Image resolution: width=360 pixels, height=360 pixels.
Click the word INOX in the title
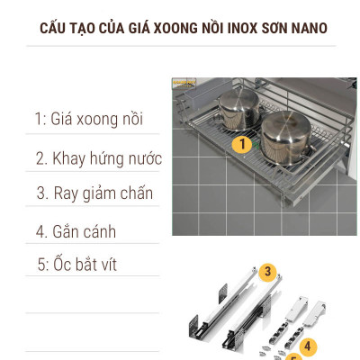[238, 28]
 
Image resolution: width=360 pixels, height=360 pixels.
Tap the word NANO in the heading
[305, 28]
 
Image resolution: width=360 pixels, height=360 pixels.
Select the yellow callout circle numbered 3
[267, 270]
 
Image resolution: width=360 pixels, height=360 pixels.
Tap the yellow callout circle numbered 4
[308, 345]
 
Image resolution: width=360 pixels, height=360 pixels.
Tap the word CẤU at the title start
[55, 28]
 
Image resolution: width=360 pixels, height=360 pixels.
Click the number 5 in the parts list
[41, 265]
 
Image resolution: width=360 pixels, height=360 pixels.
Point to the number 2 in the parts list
[41, 158]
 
